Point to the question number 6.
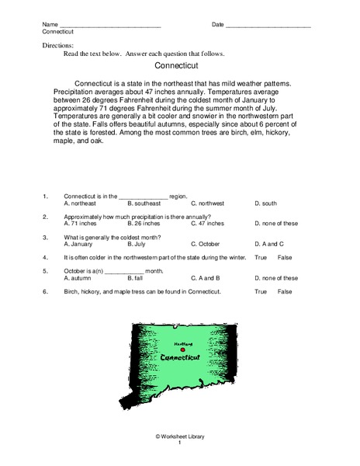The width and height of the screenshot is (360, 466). (46, 291)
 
